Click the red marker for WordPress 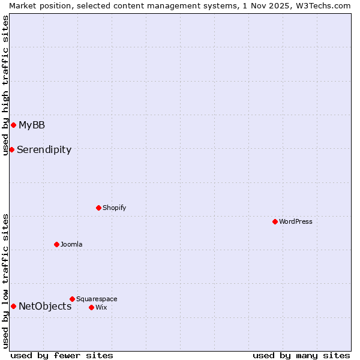[275, 221]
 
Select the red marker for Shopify [98, 208]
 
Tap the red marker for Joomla [56, 244]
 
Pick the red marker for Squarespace [72, 299]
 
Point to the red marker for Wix [91, 307]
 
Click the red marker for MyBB [13, 125]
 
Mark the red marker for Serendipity [11, 149]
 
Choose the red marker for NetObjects [13, 306]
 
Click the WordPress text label [296, 221]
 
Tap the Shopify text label [114, 208]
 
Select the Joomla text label [71, 244]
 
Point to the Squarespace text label [97, 299]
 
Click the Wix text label [101, 307]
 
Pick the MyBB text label [32, 125]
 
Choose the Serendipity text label [44, 149]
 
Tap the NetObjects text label [45, 306]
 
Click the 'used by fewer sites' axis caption [62, 355]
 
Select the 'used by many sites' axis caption [301, 355]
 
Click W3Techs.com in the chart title [326, 5]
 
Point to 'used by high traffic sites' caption [5, 85]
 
